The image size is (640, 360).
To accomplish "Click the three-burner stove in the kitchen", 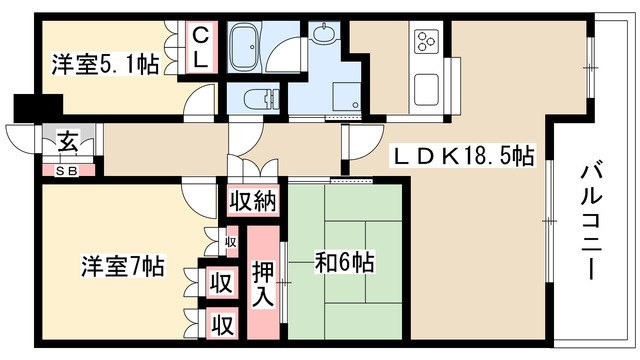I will tap(427, 43).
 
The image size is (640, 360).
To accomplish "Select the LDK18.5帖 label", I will tap(462, 155).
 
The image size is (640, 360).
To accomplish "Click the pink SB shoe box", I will tap(68, 169).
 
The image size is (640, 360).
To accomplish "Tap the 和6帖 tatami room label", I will tap(345, 264).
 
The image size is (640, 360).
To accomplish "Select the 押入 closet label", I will tap(264, 285).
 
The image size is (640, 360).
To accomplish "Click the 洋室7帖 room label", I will tap(122, 267).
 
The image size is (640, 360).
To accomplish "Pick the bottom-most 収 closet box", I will tap(222, 324).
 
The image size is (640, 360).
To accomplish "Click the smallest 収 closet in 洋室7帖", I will tap(230, 241).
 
